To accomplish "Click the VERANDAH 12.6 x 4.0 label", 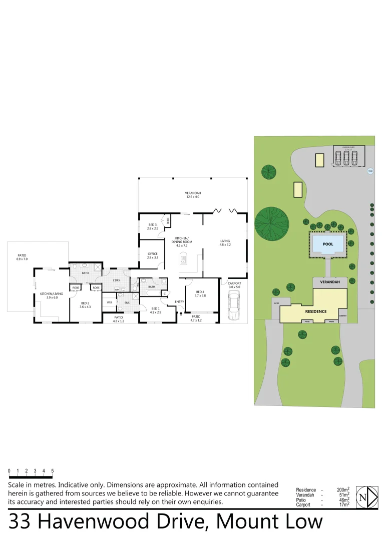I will tap(193, 195).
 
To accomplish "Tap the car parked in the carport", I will tap(233, 306).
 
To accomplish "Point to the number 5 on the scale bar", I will tap(53, 471).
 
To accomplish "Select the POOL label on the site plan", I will tap(328, 244).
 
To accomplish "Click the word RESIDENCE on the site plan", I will tap(316, 311).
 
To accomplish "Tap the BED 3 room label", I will tap(153, 226).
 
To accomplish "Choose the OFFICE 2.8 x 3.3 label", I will tap(153, 255).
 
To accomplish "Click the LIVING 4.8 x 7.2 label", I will tap(225, 243).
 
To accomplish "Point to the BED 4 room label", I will tap(200, 293).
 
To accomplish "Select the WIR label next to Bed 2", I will tap(109, 302).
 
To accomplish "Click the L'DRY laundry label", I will tap(116, 280).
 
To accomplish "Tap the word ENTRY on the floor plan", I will tap(179, 301).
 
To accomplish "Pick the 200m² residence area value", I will tap(343, 490).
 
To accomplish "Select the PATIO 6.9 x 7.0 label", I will tap(22, 257).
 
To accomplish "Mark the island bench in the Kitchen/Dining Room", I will tap(183, 259).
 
